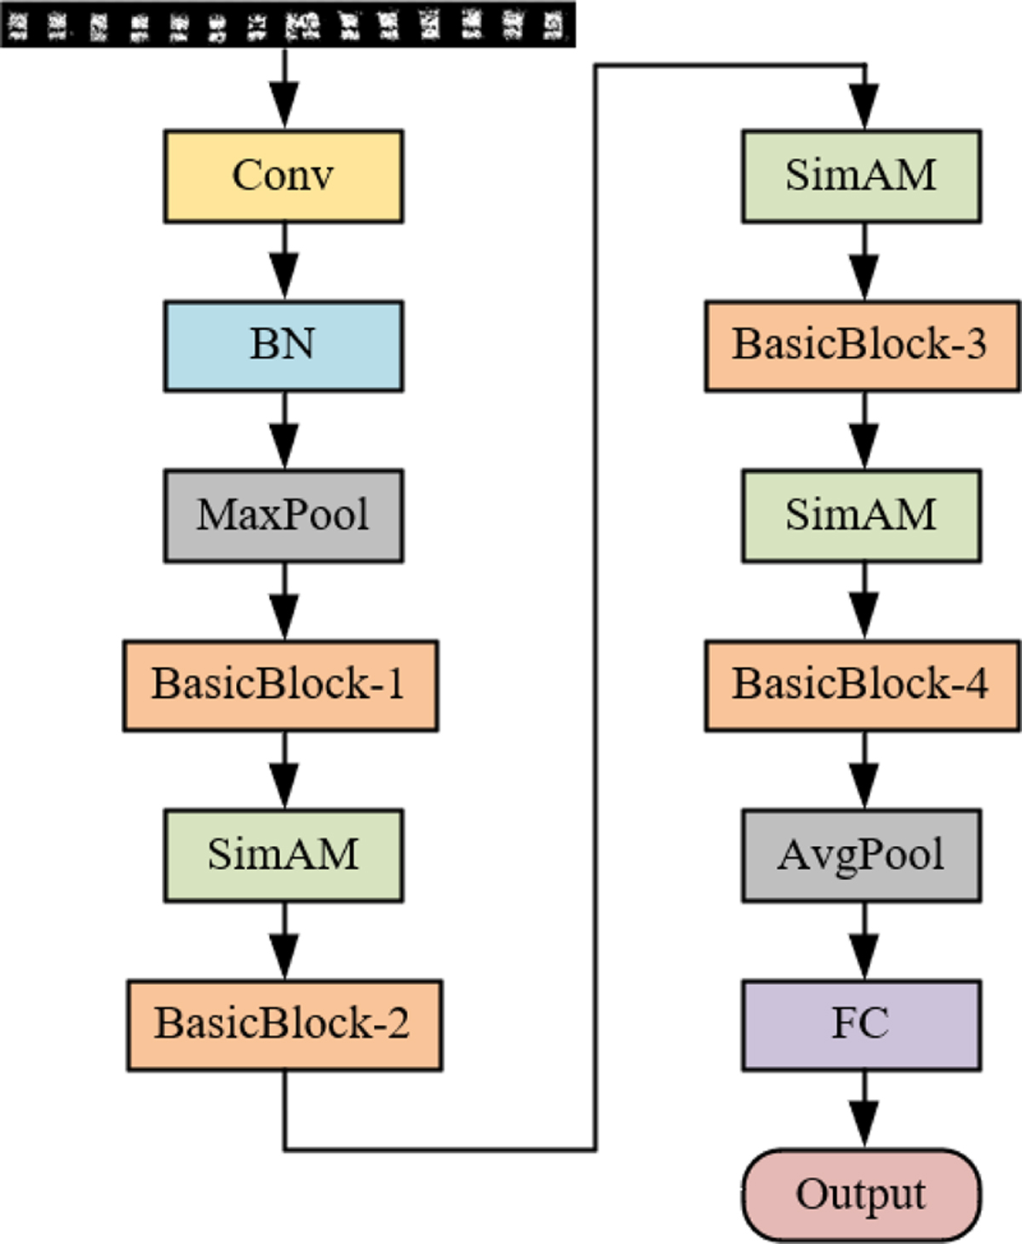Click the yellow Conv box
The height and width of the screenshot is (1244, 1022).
[283, 176]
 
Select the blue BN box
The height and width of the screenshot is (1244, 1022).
[283, 346]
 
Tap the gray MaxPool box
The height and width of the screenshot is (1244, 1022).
[283, 515]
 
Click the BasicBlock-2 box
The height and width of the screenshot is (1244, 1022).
[284, 1025]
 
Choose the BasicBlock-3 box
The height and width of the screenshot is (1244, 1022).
[862, 346]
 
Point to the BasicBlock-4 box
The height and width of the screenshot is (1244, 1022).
[862, 686]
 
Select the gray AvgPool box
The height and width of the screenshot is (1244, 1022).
[861, 855]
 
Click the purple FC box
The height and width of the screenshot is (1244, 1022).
[861, 1025]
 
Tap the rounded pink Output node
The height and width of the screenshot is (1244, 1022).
[861, 1195]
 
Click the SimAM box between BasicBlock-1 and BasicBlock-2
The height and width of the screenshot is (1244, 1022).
[283, 855]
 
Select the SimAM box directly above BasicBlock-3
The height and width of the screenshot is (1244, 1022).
[861, 176]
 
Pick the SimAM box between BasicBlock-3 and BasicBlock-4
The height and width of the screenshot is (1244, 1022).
[861, 515]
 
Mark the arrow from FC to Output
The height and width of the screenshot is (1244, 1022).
[864, 1111]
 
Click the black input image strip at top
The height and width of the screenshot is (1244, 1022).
[287, 24]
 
